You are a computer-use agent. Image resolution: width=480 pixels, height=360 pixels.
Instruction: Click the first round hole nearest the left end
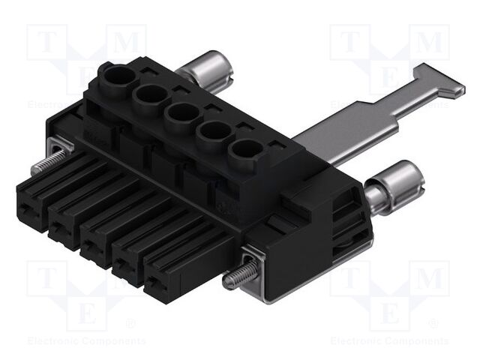click(118, 78)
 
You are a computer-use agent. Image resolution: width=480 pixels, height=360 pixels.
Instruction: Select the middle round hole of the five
click(180, 114)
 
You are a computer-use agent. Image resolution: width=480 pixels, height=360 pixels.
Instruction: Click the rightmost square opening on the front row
click(157, 283)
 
